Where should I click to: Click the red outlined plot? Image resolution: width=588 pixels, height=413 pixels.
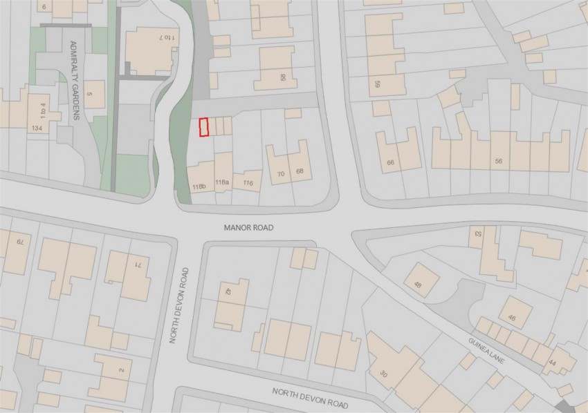(203, 128)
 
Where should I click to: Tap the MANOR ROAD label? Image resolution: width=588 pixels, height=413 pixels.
(248, 227)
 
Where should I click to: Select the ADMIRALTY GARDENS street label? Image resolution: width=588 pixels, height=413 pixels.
(75, 79)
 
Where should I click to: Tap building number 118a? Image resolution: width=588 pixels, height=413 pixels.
(221, 182)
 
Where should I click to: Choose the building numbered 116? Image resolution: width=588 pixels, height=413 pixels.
(248, 182)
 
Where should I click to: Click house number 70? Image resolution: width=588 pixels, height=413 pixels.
(281, 174)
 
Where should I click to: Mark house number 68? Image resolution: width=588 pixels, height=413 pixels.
(300, 171)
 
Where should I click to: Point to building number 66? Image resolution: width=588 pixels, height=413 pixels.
(391, 163)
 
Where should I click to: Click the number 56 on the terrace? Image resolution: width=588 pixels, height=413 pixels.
(498, 160)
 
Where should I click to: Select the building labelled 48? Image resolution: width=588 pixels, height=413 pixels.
(418, 284)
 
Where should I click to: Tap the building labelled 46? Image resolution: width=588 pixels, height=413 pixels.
(511, 318)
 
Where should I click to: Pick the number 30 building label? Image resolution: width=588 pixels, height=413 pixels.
(383, 374)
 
